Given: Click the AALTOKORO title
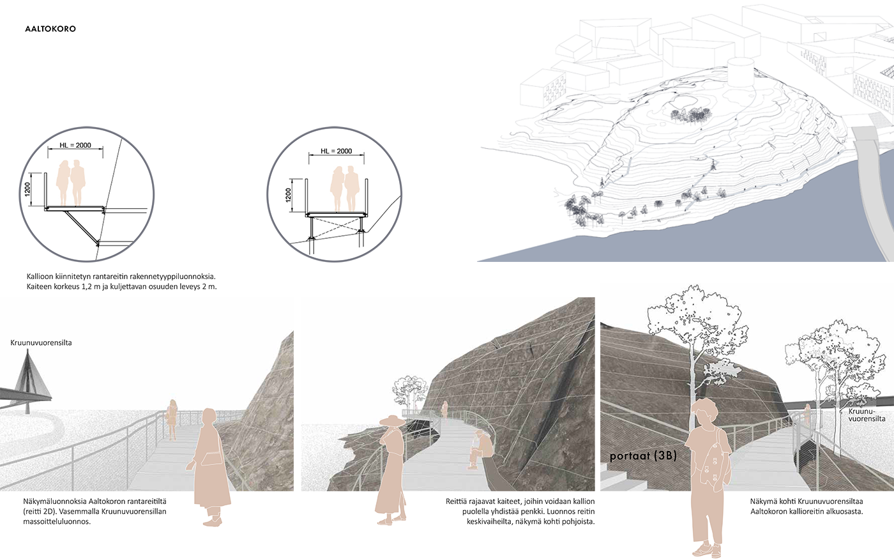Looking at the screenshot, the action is click(50, 29).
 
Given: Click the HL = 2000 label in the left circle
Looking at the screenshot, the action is click(75, 146).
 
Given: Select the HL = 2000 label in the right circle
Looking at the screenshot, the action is click(336, 151).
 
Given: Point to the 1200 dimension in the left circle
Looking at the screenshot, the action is click(27, 189).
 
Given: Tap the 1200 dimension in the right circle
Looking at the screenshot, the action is click(288, 195).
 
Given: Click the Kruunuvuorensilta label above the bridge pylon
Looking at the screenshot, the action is click(41, 342).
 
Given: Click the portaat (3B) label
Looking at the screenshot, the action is click(643, 456).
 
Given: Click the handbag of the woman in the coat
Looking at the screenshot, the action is click(211, 459).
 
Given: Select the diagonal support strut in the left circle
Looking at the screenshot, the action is click(82, 227).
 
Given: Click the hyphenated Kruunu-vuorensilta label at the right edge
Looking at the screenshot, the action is click(867, 415).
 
